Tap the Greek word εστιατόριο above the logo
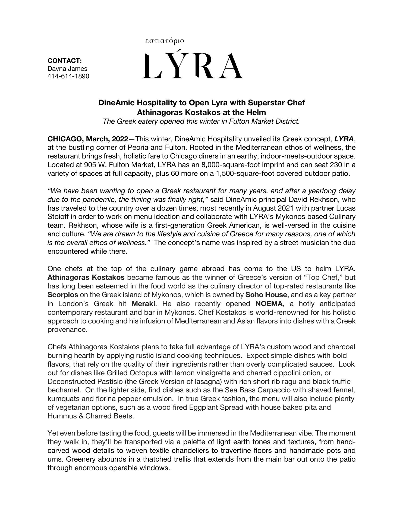(x=165, y=41)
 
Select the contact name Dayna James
(x=67, y=69)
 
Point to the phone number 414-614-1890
(x=68, y=76)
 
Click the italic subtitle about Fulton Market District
(x=201, y=121)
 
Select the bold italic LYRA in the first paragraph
(x=344, y=139)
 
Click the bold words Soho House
(x=266, y=295)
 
